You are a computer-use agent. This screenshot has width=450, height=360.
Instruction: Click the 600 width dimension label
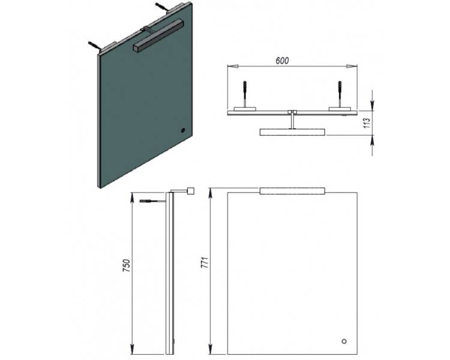(x=282, y=61)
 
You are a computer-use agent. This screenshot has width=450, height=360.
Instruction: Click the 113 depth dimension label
(x=367, y=123)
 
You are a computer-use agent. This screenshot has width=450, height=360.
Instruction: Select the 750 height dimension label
(x=126, y=266)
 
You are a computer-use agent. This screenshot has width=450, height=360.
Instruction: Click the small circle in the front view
(x=344, y=341)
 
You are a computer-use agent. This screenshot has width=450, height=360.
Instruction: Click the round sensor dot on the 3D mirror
(x=183, y=130)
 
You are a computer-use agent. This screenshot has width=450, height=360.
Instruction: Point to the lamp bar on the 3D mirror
(x=158, y=36)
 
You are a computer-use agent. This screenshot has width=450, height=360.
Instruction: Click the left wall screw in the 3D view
(x=94, y=46)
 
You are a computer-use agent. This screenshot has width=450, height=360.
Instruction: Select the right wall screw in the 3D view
(x=161, y=7)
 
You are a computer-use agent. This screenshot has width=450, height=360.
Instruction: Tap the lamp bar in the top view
(x=292, y=132)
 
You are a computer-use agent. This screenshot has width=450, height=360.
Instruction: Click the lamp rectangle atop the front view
(x=292, y=191)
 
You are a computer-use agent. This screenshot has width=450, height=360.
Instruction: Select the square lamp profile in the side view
(x=191, y=191)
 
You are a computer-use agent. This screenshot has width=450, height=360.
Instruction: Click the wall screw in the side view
(x=152, y=201)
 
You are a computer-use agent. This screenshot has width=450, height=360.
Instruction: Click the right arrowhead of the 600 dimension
(x=352, y=67)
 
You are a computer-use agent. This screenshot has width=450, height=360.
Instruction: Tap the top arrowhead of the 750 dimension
(x=133, y=197)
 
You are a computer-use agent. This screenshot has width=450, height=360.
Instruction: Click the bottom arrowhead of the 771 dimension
(x=211, y=349)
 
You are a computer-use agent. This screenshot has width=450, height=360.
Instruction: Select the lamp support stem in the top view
(x=292, y=120)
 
